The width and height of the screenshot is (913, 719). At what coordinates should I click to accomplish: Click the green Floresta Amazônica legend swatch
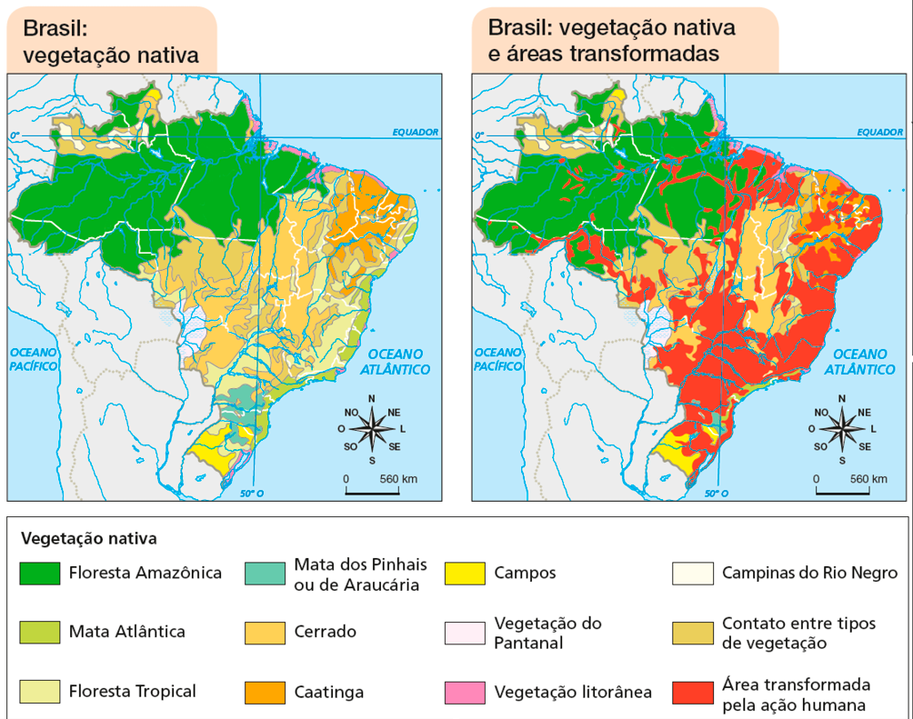point(41,574)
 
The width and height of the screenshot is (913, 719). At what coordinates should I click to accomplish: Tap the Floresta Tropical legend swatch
point(41,692)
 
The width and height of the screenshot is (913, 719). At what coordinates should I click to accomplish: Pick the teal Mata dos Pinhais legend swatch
point(266,574)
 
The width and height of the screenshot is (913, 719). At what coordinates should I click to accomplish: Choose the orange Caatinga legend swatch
point(266,692)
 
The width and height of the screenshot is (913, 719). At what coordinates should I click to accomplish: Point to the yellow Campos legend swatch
point(466,574)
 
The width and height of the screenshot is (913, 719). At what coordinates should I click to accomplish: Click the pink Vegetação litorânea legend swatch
point(466,692)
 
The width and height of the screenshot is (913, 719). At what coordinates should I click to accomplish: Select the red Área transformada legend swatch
point(693,692)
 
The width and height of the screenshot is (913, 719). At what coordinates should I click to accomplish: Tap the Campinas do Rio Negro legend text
point(809,573)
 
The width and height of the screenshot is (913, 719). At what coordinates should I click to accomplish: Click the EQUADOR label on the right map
point(879,132)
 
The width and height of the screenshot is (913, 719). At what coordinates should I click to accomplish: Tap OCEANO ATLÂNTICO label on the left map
point(396,362)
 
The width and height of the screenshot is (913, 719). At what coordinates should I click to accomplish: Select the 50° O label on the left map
point(251,494)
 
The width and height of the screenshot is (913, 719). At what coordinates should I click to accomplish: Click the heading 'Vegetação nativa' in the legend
point(88,538)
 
